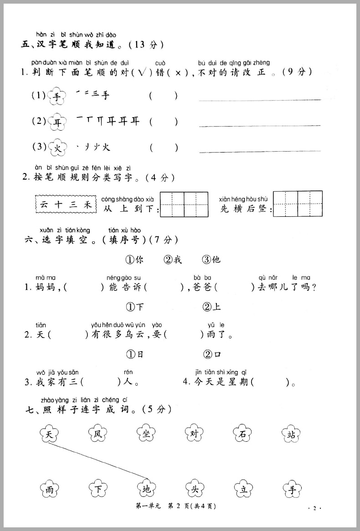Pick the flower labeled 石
[243, 434]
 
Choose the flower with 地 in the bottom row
[146, 490]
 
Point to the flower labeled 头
[195, 490]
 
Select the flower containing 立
[243, 490]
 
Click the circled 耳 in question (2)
[57, 122]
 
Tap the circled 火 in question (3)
[57, 148]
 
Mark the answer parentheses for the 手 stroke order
[163, 96]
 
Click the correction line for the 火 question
[260, 150]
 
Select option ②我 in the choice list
[173, 260]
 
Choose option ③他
[211, 260]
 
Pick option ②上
[212, 306]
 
